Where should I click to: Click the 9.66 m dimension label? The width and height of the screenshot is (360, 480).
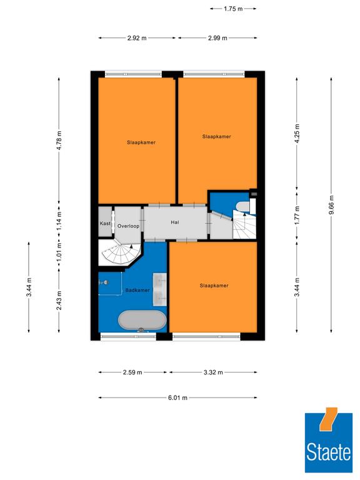click(x=331, y=205)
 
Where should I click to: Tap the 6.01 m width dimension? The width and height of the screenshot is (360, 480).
click(x=177, y=398)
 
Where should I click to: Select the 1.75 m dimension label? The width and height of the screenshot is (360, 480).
click(x=233, y=9)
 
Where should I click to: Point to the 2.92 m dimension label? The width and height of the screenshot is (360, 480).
click(x=137, y=38)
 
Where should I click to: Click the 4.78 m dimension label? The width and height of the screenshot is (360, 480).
click(x=59, y=140)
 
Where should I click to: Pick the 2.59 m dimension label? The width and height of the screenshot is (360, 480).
click(x=132, y=372)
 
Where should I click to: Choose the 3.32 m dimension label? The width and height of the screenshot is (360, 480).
click(x=213, y=372)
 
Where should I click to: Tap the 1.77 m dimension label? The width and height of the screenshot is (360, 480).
click(x=297, y=215)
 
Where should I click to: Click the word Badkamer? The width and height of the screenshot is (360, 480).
click(x=137, y=290)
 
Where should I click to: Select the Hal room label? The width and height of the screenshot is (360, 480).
click(x=175, y=222)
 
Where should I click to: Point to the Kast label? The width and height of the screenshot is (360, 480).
click(x=105, y=224)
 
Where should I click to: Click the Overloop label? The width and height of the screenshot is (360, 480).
click(x=128, y=226)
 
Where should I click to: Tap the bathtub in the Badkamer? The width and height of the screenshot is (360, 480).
click(x=142, y=321)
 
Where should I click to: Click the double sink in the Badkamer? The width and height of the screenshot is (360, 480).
click(x=160, y=289)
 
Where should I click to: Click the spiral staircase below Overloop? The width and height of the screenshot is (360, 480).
click(x=120, y=252)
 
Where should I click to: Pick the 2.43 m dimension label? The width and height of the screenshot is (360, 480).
click(x=59, y=300)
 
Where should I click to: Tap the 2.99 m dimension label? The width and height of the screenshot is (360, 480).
click(x=217, y=38)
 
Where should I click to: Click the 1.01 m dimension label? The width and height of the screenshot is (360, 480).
click(x=59, y=251)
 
